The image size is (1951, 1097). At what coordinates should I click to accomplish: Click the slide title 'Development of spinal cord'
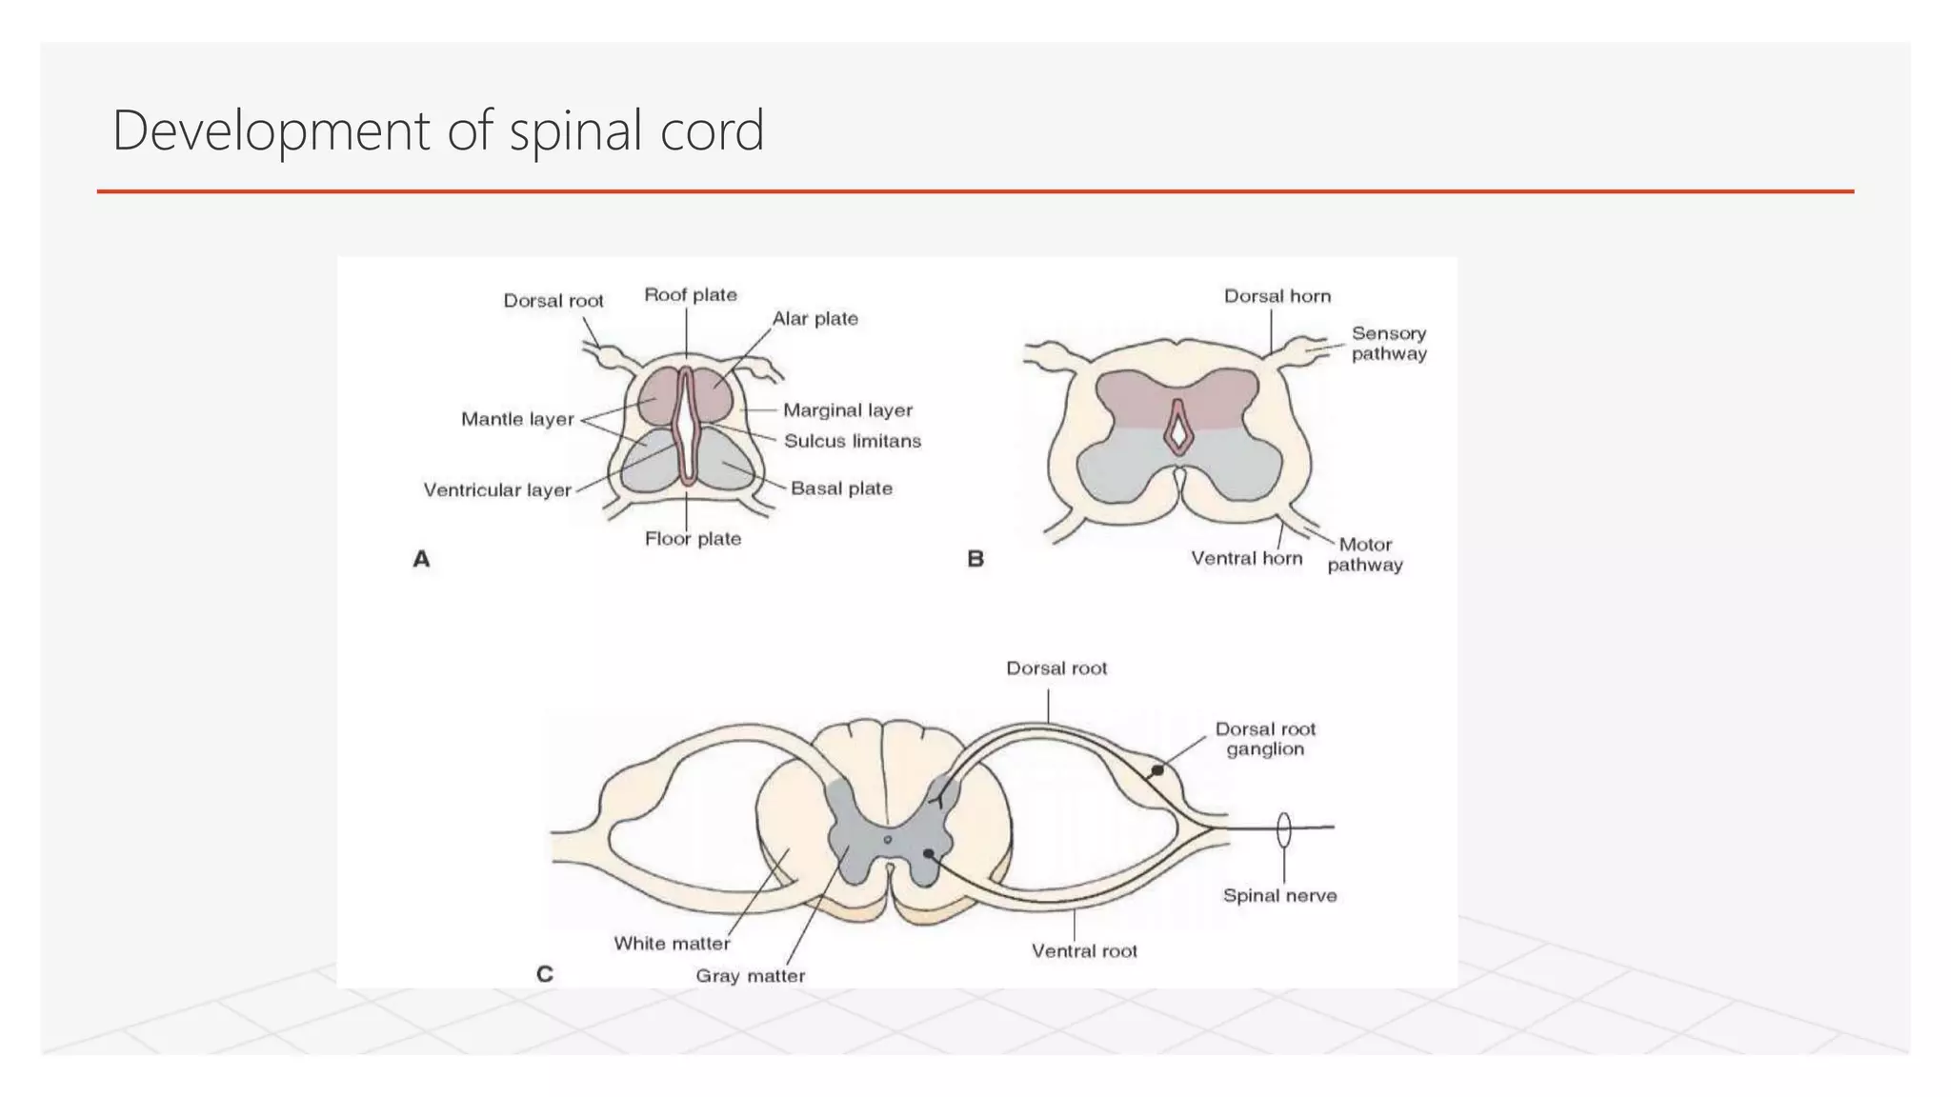point(438,130)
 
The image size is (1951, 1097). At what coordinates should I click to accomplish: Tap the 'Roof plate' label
point(691,295)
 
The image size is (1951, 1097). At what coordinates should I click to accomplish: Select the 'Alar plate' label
point(815,319)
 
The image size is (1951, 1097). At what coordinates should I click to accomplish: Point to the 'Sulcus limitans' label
point(853,441)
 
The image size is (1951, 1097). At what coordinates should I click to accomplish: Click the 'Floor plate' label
point(693,539)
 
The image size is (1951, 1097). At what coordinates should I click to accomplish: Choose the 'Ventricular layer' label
point(497,490)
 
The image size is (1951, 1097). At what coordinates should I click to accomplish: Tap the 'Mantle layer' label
point(517,419)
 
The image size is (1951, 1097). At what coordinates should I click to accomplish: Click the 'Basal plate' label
point(841,489)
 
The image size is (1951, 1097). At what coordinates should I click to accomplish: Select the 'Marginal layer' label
point(847,410)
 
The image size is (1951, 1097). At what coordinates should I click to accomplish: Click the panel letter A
point(421,559)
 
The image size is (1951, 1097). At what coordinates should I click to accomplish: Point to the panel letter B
point(975,559)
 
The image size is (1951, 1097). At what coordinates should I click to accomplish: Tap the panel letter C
point(545,974)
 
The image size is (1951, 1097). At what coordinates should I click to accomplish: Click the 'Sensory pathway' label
point(1389,344)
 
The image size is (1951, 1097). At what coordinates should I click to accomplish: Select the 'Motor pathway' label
point(1365,554)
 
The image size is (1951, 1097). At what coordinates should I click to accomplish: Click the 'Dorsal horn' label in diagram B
point(1277,296)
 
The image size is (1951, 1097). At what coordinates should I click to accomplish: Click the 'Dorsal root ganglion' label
point(1265,739)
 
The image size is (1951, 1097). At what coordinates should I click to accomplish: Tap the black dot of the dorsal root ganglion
point(1157,770)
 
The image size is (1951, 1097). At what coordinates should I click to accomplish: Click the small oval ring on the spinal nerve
point(1284,829)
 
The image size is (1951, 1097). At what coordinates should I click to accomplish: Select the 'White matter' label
point(672,944)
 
